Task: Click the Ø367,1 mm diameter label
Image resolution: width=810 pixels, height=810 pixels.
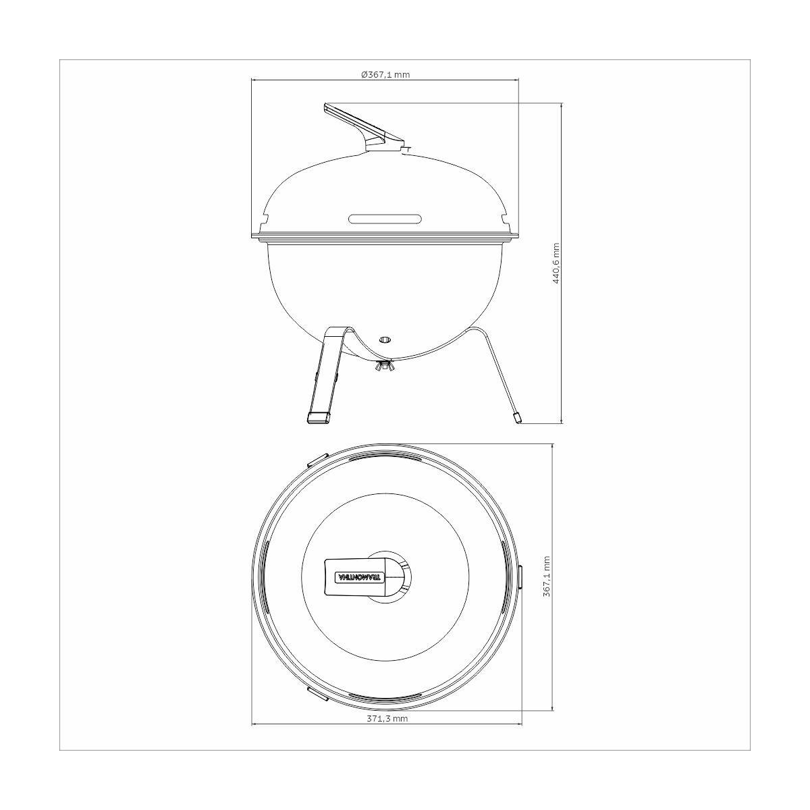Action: (x=385, y=75)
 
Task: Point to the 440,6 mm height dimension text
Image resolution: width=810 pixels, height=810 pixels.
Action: (x=557, y=263)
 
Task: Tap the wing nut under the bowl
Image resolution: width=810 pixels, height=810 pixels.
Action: (x=385, y=367)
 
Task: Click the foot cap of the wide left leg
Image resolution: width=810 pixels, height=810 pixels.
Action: (x=319, y=418)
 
